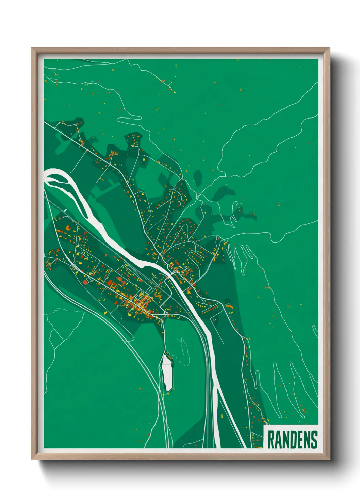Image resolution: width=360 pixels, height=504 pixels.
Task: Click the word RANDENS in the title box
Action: pos(292,440)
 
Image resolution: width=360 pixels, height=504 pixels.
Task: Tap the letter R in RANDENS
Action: pos(271,440)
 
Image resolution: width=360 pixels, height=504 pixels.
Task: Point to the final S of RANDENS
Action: pos(314,440)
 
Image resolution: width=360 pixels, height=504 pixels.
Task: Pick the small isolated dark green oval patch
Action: pos(198,177)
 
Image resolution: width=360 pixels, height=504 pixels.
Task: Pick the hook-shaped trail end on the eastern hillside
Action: pos(235,204)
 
